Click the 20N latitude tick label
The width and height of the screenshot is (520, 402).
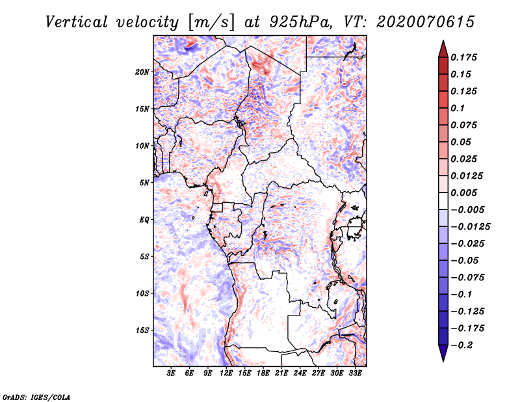(142, 72)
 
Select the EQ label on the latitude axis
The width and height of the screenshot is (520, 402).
(144, 220)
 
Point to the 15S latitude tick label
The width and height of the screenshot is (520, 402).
(142, 330)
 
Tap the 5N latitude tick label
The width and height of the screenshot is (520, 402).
(144, 183)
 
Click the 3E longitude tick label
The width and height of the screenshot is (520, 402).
(172, 373)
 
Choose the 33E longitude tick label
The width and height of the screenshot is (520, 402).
(356, 373)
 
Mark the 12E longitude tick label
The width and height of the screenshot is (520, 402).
(227, 373)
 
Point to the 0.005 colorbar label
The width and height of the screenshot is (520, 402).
(465, 193)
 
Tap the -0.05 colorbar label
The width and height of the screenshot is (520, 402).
(465, 261)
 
